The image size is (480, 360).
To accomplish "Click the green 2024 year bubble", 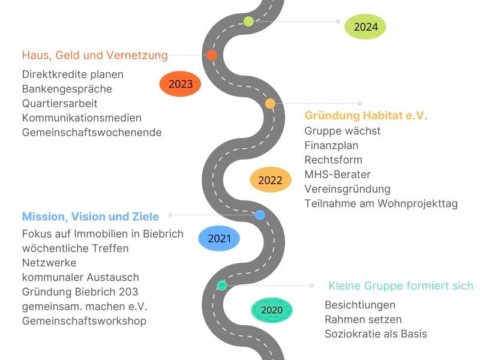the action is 365,26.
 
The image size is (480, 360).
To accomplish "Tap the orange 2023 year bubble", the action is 180,84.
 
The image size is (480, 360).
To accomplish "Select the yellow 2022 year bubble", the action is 270,180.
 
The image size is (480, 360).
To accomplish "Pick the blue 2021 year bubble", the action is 219,238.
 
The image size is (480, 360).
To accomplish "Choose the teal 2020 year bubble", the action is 271,310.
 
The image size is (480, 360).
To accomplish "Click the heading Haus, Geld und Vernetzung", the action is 95,55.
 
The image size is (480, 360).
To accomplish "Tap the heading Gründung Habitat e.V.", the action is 366,116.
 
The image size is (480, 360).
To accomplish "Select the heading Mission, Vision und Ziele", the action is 91,217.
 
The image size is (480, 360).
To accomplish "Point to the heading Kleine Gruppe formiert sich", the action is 401,286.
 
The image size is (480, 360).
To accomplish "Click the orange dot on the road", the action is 211,55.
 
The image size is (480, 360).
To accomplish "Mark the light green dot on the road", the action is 248,22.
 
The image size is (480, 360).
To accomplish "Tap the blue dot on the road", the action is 260,215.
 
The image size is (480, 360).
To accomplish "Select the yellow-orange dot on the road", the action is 270,103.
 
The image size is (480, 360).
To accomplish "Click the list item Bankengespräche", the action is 67,89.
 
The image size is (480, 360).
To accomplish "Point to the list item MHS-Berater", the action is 337,175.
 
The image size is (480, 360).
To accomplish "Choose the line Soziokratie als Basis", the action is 376,334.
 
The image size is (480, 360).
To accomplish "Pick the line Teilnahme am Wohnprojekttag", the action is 381,203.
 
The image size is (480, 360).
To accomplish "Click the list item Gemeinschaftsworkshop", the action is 84,321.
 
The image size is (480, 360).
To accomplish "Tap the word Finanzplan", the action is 332,145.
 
